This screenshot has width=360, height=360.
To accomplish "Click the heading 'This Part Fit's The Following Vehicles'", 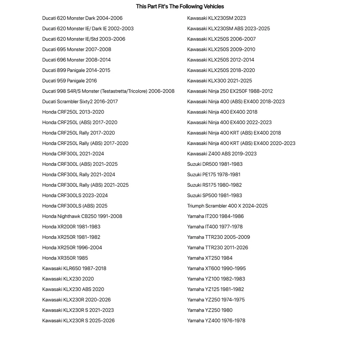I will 180,6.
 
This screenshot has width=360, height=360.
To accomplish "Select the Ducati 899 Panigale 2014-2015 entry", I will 76,70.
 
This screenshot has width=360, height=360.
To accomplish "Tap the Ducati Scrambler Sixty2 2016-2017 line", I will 80,102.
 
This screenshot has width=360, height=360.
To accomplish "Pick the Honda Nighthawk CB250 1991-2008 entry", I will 82,216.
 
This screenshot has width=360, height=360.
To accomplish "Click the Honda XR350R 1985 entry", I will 65,258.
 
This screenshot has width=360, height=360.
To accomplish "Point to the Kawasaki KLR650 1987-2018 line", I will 74,268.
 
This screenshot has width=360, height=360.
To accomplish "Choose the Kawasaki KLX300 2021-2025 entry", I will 219,81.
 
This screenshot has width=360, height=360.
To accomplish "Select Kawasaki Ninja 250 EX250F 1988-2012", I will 230,91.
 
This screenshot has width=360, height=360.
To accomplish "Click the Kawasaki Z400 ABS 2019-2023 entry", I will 222,154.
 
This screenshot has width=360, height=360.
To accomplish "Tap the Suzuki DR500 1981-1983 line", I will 215,164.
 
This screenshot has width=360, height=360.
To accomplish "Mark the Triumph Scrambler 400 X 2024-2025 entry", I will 227,206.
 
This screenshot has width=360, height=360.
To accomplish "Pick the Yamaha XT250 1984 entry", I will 210,258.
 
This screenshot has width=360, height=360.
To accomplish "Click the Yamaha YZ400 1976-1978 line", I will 216,321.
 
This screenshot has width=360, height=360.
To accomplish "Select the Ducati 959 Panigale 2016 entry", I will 69,81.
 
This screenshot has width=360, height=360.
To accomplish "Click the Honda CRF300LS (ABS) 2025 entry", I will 75,206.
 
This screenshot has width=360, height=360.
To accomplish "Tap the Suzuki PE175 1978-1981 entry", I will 214,175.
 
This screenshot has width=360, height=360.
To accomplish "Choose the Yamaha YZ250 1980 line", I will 210,310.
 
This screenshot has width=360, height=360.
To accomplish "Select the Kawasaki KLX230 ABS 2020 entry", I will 73,289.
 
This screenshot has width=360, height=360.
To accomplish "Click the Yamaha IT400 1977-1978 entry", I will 215,227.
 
